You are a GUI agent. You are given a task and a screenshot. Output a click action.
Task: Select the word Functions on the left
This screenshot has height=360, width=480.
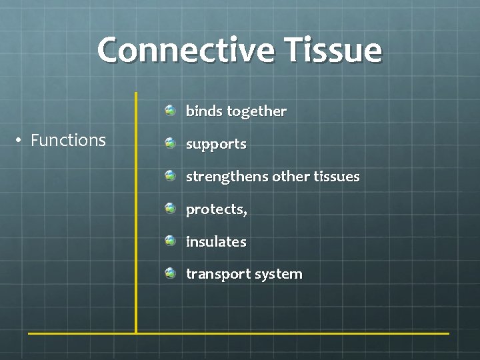click(68, 140)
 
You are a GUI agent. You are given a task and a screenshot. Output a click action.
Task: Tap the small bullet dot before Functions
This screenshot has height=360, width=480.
click(21, 140)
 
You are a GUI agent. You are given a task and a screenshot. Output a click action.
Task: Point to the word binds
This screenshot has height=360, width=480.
click(203, 111)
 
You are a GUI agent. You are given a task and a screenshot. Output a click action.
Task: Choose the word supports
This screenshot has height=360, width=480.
click(216, 145)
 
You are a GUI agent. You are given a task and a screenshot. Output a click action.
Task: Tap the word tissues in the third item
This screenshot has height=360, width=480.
click(335, 177)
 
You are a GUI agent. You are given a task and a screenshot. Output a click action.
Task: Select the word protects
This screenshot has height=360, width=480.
click(216, 209)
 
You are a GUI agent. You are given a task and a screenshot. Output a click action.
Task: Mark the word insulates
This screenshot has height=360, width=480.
click(216, 241)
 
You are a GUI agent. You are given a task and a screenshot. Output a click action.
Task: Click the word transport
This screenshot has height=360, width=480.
click(215, 274)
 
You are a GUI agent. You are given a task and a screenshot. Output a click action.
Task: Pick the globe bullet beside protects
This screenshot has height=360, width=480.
click(171, 208)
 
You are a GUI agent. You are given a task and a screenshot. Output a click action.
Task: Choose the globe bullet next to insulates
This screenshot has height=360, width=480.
click(171, 241)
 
